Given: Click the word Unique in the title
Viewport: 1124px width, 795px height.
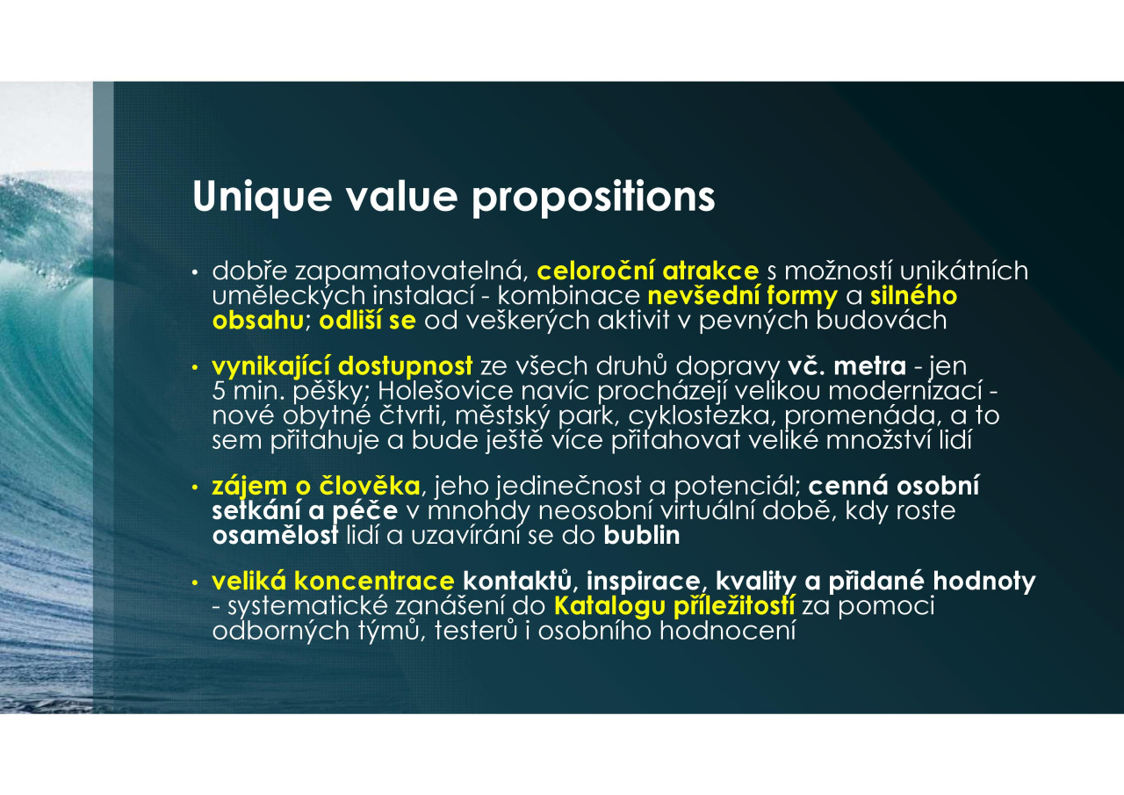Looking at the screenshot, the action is tap(262, 198).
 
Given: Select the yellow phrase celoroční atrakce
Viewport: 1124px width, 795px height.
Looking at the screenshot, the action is tap(648, 271).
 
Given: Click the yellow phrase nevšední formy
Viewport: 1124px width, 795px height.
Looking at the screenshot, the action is tap(743, 297).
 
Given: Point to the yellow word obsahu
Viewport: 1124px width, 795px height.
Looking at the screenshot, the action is tap(258, 321).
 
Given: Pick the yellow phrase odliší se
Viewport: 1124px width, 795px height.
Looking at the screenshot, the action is tap(368, 321).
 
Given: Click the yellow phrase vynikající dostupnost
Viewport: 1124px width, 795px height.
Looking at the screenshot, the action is tap(342, 366).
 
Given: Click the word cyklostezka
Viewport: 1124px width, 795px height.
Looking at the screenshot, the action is tap(702, 416).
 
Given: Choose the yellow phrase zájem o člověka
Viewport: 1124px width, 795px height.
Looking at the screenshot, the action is tap(316, 487).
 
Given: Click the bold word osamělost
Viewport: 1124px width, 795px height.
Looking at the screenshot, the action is tap(275, 536).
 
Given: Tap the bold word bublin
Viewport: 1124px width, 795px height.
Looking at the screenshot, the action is tap(642, 536).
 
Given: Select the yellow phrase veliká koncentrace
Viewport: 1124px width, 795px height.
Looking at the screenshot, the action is tap(333, 582).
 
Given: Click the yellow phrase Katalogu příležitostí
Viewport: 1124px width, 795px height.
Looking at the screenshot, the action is tap(674, 606).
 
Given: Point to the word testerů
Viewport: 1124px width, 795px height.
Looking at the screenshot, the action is tap(476, 631).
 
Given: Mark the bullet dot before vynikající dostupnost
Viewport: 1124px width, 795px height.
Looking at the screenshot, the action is tap(195, 368).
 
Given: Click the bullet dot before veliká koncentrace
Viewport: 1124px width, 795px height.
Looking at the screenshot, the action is tap(195, 582).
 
